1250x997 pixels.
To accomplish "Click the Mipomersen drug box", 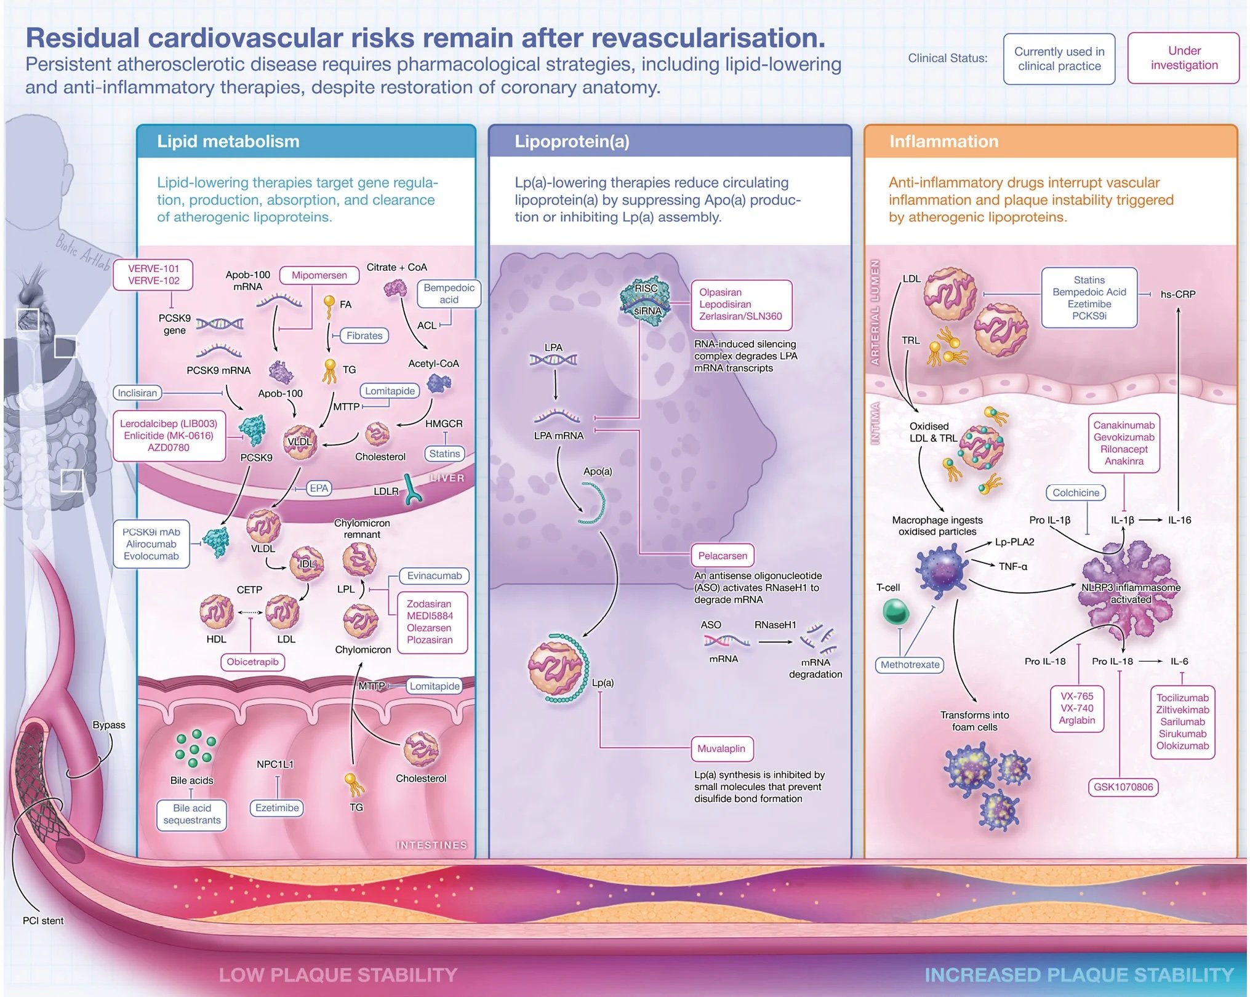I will pos(319,275).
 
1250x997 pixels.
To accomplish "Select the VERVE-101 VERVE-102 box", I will pos(153,274).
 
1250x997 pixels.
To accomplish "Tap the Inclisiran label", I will pos(137,393).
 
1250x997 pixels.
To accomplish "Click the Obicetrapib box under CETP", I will pos(252,662).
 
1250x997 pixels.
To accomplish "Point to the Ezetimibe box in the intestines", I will pos(277,807).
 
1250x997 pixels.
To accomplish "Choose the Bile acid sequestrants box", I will pos(191,814).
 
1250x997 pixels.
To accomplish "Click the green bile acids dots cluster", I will pos(194,748).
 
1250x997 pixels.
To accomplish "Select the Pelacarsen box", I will pos(722,556).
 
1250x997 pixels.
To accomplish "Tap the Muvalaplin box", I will pos(721,748).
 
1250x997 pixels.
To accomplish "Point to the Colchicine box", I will pos(1075,492).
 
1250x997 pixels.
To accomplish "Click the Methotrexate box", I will pos(910,665).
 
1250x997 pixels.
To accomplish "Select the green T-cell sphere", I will pos(895,612).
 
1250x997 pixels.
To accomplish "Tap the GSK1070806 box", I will pos(1123,787).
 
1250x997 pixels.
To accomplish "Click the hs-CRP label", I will pos(1177,294).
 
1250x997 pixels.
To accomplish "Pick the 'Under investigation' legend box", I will pos(1184,58).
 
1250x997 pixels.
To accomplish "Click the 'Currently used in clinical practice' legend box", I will pos(1059,59).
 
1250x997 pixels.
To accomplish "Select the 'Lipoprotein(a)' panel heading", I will pos(572,142).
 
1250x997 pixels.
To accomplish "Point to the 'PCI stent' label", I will pos(43,921).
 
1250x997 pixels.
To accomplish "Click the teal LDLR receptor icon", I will pos(412,489).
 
